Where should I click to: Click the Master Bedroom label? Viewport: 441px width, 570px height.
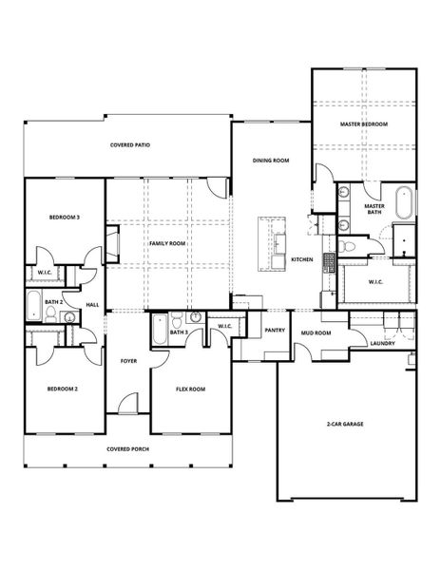click(x=364, y=124)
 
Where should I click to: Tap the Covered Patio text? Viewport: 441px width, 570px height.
click(x=130, y=145)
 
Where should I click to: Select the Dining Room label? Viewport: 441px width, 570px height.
click(x=270, y=161)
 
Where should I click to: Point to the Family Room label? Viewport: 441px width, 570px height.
click(x=166, y=243)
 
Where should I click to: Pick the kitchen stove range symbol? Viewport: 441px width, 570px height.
click(x=330, y=262)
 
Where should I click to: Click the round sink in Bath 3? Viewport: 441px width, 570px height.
click(x=195, y=318)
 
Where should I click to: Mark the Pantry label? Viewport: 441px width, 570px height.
click(x=275, y=331)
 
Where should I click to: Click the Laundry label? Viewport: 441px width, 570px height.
click(x=383, y=343)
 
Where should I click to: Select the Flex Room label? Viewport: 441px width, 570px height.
click(x=190, y=389)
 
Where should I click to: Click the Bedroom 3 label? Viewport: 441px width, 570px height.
click(x=64, y=218)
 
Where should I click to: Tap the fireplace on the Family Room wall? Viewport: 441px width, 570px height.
click(x=111, y=243)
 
